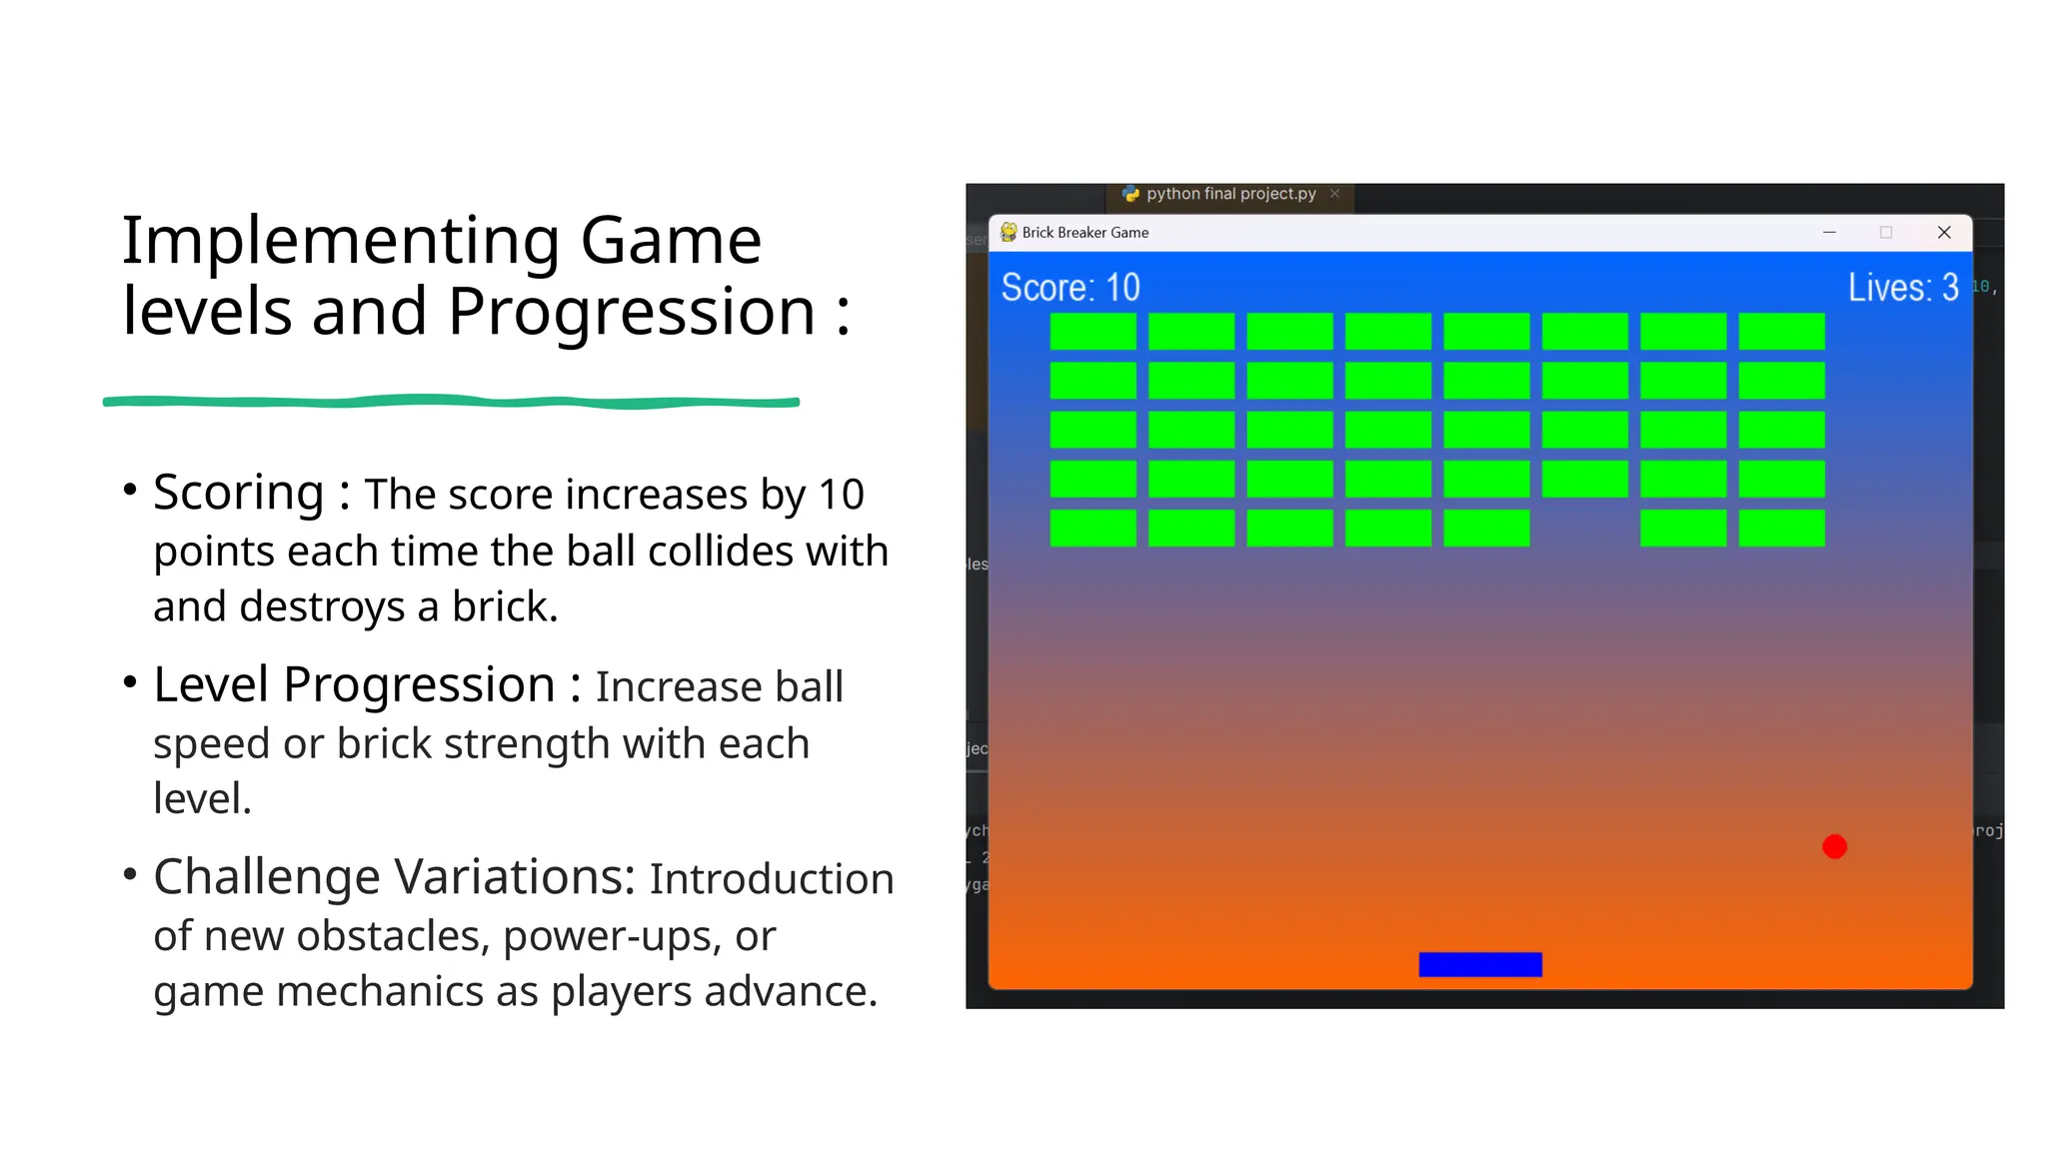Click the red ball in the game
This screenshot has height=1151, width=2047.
tap(1834, 847)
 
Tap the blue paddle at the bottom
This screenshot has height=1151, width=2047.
tap(1480, 964)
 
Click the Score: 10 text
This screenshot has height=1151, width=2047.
tap(1070, 288)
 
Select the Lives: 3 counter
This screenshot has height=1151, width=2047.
tap(1902, 288)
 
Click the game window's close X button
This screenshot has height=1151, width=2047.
tap(1944, 233)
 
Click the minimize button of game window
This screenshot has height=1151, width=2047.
tap(1829, 233)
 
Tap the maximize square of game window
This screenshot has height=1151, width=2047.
tap(1886, 233)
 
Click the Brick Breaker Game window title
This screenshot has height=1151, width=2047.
tap(1085, 233)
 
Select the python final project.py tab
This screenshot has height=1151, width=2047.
tap(1230, 194)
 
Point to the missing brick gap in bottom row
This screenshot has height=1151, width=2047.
tap(1585, 529)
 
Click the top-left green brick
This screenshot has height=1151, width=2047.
tap(1092, 332)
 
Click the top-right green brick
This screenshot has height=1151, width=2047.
tap(1781, 332)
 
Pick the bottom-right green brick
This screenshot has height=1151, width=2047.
tap(1781, 529)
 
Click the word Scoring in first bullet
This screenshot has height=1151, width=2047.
tap(239, 493)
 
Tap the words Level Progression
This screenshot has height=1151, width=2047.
tap(354, 685)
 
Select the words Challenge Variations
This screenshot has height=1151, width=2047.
tap(394, 877)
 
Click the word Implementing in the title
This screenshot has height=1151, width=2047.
tap(340, 242)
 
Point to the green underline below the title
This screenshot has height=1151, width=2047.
tap(451, 402)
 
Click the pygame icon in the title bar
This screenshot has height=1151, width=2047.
tap(1009, 233)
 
